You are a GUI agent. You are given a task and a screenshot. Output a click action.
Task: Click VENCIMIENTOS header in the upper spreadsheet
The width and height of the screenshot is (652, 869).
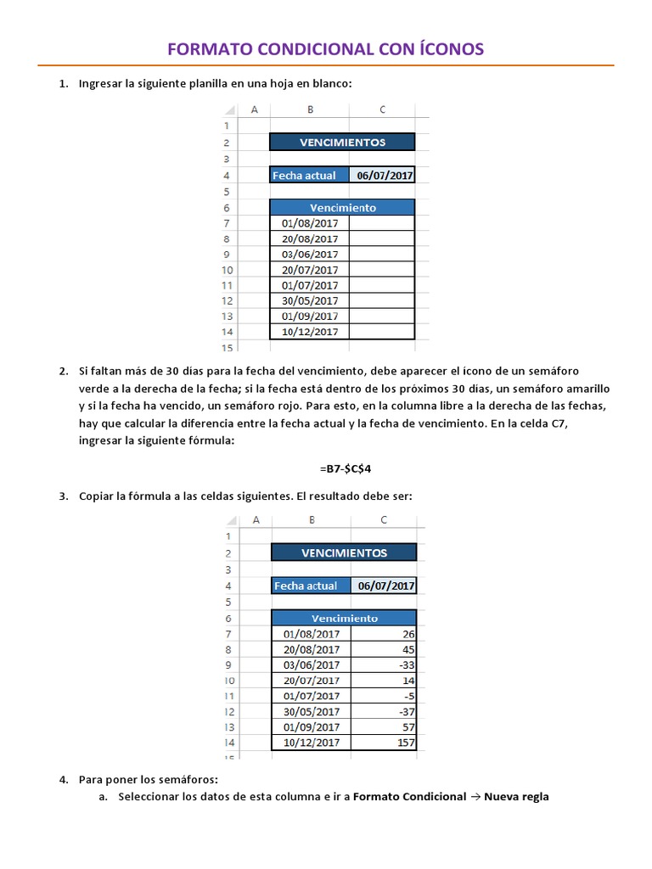(342, 143)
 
